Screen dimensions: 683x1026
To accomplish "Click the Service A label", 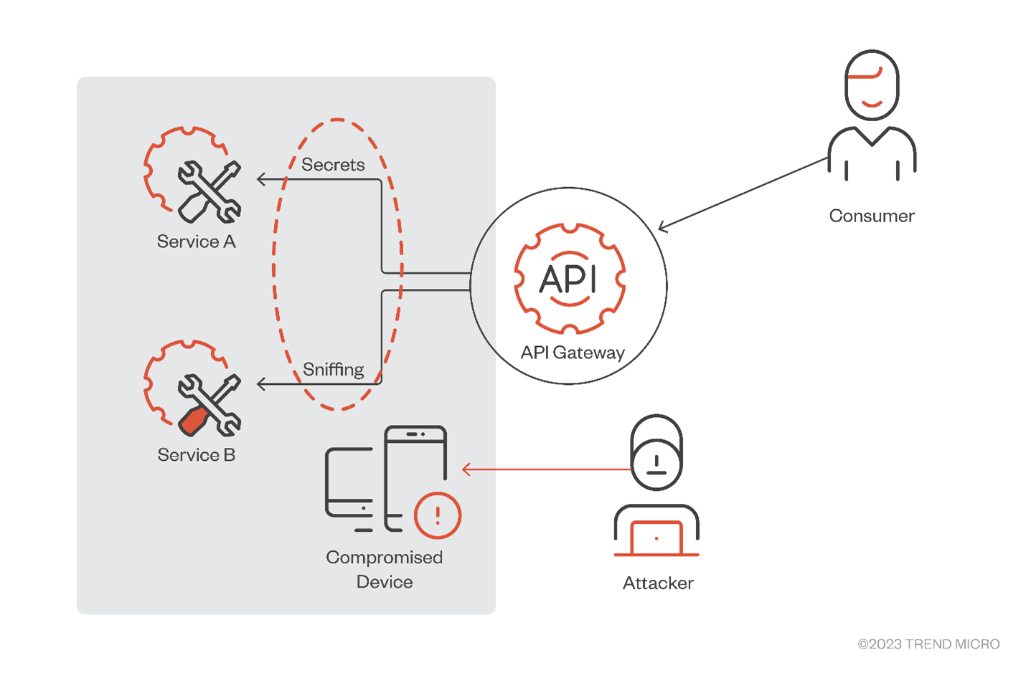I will click(196, 242).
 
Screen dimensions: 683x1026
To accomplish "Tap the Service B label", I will click(196, 455).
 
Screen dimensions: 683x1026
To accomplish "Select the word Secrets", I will click(333, 165).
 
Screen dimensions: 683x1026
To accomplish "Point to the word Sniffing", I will click(333, 370).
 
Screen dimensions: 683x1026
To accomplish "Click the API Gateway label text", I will click(573, 353).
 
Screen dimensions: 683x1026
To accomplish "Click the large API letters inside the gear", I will click(568, 278).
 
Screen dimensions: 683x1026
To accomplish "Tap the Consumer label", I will click(872, 216).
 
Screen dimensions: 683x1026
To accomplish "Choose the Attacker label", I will click(658, 583).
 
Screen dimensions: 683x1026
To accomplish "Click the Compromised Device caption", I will click(385, 569).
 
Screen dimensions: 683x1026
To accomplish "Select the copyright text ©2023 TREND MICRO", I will click(928, 644).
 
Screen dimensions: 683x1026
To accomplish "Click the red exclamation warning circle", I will click(438, 515).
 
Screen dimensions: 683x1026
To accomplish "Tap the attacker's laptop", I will click(656, 538).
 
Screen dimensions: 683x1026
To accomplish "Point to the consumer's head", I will click(872, 85).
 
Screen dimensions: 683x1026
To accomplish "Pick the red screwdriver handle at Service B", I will click(193, 421).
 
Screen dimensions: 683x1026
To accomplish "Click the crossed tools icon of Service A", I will click(209, 191).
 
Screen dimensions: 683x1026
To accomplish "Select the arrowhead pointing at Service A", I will click(261, 179).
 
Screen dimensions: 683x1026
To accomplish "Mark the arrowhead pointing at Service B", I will click(261, 385).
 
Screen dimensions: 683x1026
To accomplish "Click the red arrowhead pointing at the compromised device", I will click(466, 469).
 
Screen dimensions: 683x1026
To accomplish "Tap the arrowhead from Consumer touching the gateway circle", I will click(662, 228).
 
